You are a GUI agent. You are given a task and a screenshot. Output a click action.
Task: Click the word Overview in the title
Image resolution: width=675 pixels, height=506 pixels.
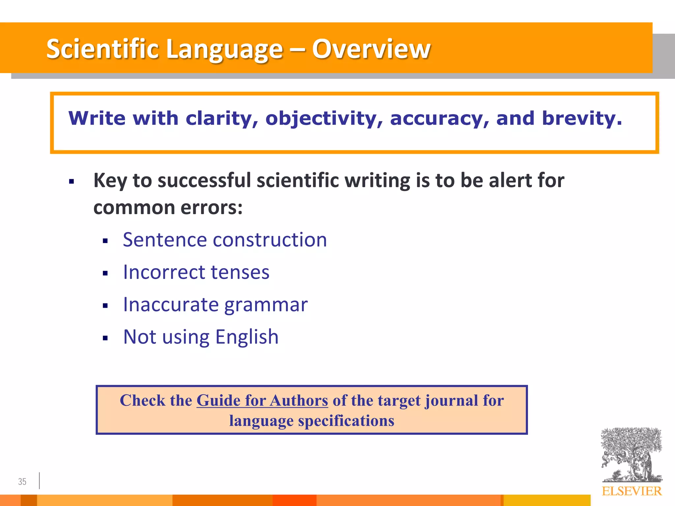(x=371, y=49)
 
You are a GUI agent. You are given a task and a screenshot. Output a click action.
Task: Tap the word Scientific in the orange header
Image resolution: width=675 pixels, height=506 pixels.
(x=103, y=49)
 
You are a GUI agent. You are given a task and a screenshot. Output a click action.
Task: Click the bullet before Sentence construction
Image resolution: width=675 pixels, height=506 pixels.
(x=105, y=241)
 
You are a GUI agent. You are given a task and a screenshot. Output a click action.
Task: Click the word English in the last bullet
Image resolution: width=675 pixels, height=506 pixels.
(x=247, y=337)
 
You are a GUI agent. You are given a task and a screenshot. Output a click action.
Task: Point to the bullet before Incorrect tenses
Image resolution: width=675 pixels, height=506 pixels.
(x=105, y=273)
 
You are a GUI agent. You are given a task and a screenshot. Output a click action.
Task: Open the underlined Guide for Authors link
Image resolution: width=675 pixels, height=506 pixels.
(x=262, y=401)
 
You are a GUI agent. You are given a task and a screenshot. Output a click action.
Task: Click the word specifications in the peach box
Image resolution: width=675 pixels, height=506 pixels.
(x=346, y=421)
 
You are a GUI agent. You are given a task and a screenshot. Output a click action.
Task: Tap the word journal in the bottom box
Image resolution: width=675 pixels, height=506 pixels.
(x=451, y=401)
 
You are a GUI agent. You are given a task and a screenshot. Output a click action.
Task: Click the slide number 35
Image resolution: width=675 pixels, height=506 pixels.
(x=22, y=482)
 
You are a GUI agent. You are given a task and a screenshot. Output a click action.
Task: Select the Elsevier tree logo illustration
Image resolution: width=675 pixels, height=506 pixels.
(x=631, y=455)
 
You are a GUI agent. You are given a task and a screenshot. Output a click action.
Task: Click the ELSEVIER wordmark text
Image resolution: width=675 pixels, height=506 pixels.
(x=631, y=491)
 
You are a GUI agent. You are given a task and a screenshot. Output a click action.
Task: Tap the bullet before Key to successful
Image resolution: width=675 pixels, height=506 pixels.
(x=72, y=182)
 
